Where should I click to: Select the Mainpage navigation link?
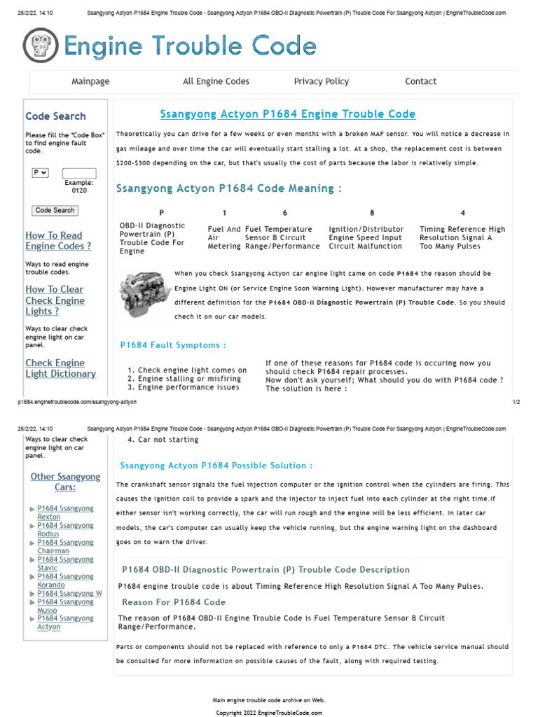(x=90, y=81)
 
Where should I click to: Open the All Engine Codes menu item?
(x=216, y=81)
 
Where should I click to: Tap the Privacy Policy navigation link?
(x=321, y=81)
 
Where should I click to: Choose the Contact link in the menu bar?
(x=420, y=81)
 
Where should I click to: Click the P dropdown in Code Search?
(x=40, y=172)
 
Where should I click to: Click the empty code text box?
(x=79, y=173)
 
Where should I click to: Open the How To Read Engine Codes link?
(x=58, y=241)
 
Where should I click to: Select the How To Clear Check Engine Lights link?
(x=55, y=300)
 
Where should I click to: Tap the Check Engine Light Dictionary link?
(x=60, y=368)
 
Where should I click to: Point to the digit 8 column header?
(x=372, y=213)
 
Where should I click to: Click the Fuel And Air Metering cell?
(x=224, y=237)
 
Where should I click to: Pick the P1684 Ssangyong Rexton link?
(x=65, y=513)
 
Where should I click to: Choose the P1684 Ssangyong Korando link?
(x=65, y=580)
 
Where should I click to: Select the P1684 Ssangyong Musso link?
(x=65, y=606)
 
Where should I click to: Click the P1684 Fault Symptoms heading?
(x=174, y=345)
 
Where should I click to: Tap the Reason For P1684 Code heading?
(x=174, y=602)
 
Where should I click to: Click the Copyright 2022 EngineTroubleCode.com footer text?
(x=269, y=712)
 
